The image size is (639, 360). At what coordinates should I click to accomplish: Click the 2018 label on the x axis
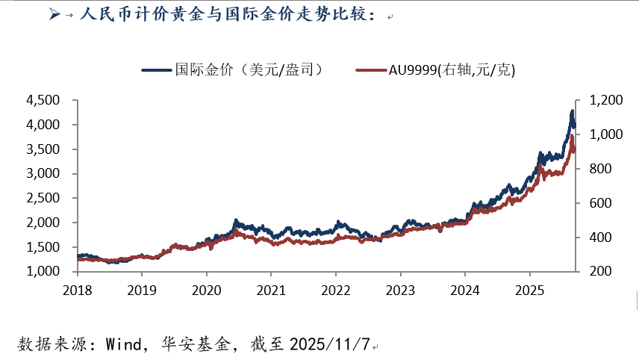point(78,288)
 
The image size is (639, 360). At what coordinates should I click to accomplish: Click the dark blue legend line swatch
point(157,70)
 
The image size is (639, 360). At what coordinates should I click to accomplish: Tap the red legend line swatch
point(371,70)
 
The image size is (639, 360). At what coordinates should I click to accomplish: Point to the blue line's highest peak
point(572,111)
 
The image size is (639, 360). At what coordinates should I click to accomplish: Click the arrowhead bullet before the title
point(53,14)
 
